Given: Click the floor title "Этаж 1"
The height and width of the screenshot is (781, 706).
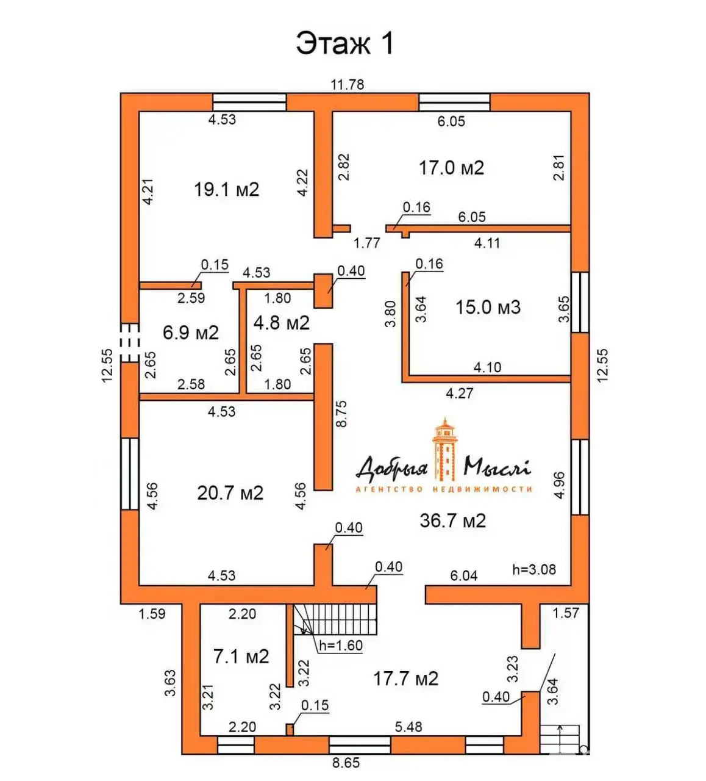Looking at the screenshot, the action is [345, 44].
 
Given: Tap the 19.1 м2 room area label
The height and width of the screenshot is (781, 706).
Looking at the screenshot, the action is [227, 190].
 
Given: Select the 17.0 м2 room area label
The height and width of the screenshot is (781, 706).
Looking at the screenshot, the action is [452, 168].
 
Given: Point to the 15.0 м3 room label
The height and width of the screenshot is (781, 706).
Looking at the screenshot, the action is [488, 307].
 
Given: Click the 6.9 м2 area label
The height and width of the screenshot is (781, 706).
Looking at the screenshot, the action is [191, 333].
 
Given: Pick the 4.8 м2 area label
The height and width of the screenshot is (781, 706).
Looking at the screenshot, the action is [282, 323].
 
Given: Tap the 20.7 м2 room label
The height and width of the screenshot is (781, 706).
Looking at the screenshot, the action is [230, 493].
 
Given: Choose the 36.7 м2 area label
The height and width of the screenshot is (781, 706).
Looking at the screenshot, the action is [453, 520].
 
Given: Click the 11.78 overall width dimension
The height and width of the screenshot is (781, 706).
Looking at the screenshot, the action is [347, 84].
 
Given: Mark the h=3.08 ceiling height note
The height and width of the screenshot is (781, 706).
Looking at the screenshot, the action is [534, 570].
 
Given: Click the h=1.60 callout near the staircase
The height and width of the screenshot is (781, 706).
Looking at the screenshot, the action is [341, 645].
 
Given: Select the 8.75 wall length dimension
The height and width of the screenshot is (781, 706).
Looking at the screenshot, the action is [341, 414].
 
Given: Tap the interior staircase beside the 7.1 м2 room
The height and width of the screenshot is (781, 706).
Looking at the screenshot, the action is [335, 619].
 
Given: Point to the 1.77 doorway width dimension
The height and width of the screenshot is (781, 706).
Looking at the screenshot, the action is [366, 243].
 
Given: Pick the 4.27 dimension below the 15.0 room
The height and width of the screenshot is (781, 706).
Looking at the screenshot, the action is [460, 393].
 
